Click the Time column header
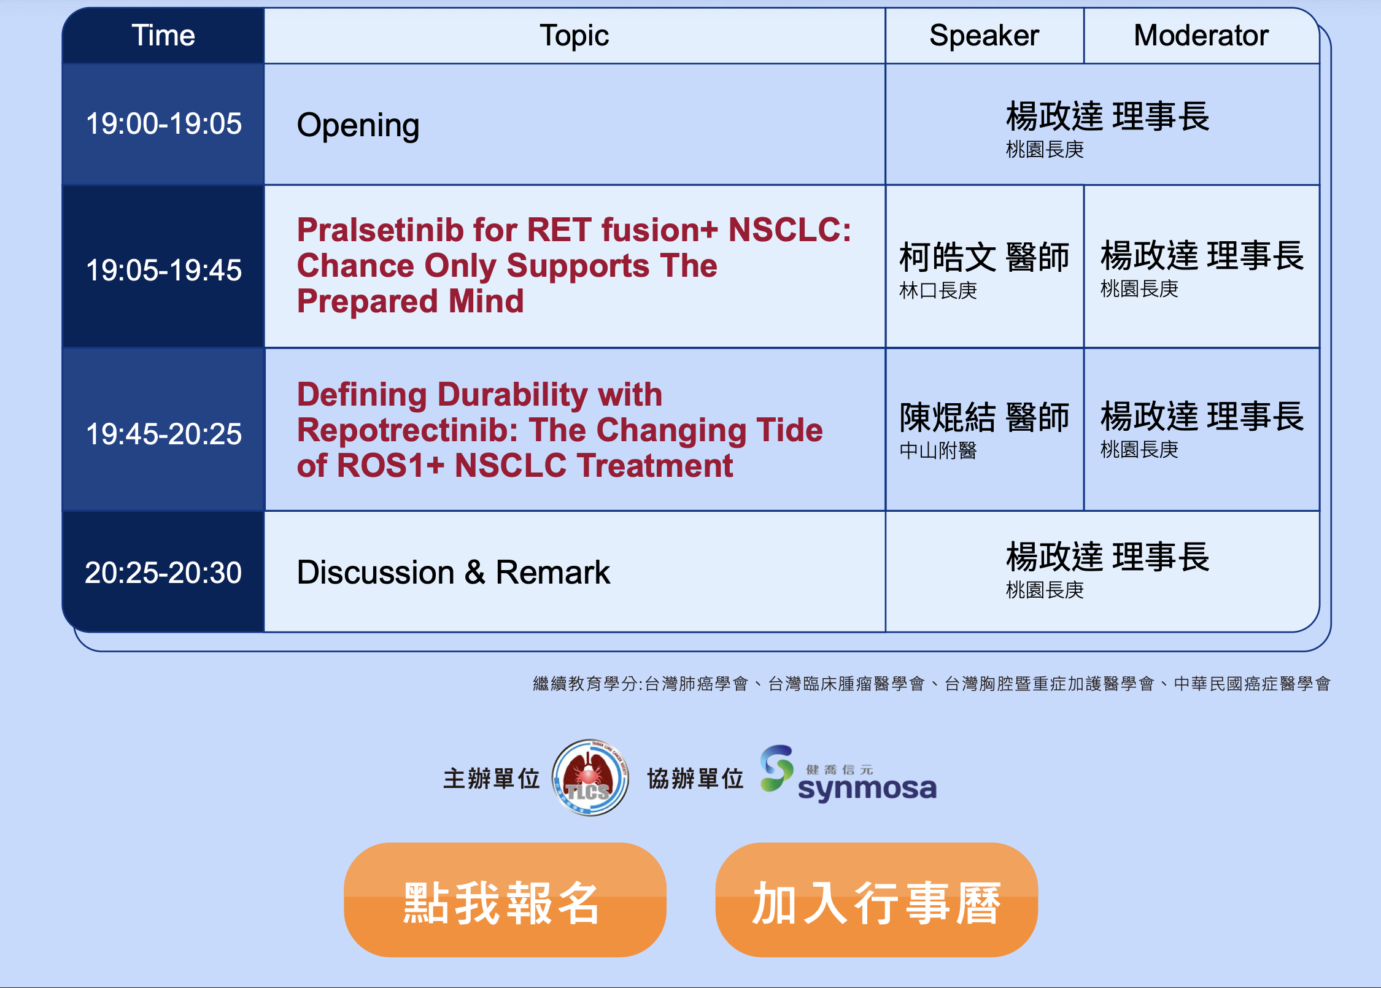tap(163, 36)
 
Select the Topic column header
tap(574, 36)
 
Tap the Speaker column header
tap(984, 36)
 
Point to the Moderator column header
tap(1201, 36)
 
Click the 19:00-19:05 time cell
tap(163, 124)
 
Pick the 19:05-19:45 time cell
tap(163, 270)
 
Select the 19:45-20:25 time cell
tap(163, 434)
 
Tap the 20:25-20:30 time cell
tap(163, 573)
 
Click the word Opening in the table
tap(358, 126)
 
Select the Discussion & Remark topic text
tap(453, 573)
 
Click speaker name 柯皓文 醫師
tap(984, 257)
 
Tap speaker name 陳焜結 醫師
tap(984, 417)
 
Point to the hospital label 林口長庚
tap(938, 290)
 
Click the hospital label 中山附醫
tap(938, 450)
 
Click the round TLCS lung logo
tap(590, 778)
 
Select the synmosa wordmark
tap(867, 789)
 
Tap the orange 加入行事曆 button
tap(876, 900)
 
